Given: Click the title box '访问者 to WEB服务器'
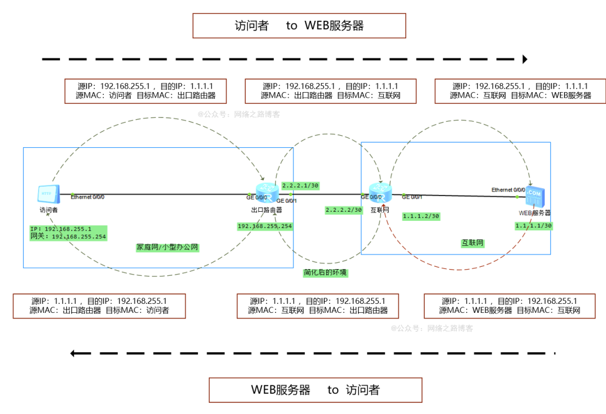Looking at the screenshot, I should pyautogui.click(x=299, y=26).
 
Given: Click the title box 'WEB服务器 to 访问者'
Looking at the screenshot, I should pyautogui.click(x=315, y=390).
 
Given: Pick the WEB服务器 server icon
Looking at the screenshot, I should pyautogui.click(x=534, y=196).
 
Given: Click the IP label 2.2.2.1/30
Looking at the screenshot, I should pyautogui.click(x=300, y=185).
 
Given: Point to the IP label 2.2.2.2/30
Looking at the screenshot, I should pyautogui.click(x=343, y=210).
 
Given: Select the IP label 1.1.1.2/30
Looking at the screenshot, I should pyautogui.click(x=421, y=216).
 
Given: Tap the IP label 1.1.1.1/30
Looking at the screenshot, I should pyautogui.click(x=534, y=225).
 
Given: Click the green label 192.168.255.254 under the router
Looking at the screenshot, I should pyautogui.click(x=265, y=226).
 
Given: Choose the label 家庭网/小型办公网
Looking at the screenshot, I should pyautogui.click(x=167, y=247).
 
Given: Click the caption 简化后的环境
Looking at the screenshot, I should pyautogui.click(x=325, y=272).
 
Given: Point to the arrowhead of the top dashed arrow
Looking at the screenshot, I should pyautogui.click(x=525, y=59).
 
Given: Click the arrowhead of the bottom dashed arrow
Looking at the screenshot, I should pyautogui.click(x=74, y=353).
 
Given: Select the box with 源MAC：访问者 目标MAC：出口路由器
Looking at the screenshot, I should pyautogui.click(x=146, y=91).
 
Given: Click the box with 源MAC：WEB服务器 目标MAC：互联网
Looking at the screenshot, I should pyautogui.click(x=509, y=306).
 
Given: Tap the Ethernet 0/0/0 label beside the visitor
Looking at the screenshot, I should pyautogui.click(x=88, y=197).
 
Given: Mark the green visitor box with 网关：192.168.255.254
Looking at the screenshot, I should pyautogui.click(x=68, y=233).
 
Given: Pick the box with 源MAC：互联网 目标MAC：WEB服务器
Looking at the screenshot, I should pyautogui.click(x=520, y=91).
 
